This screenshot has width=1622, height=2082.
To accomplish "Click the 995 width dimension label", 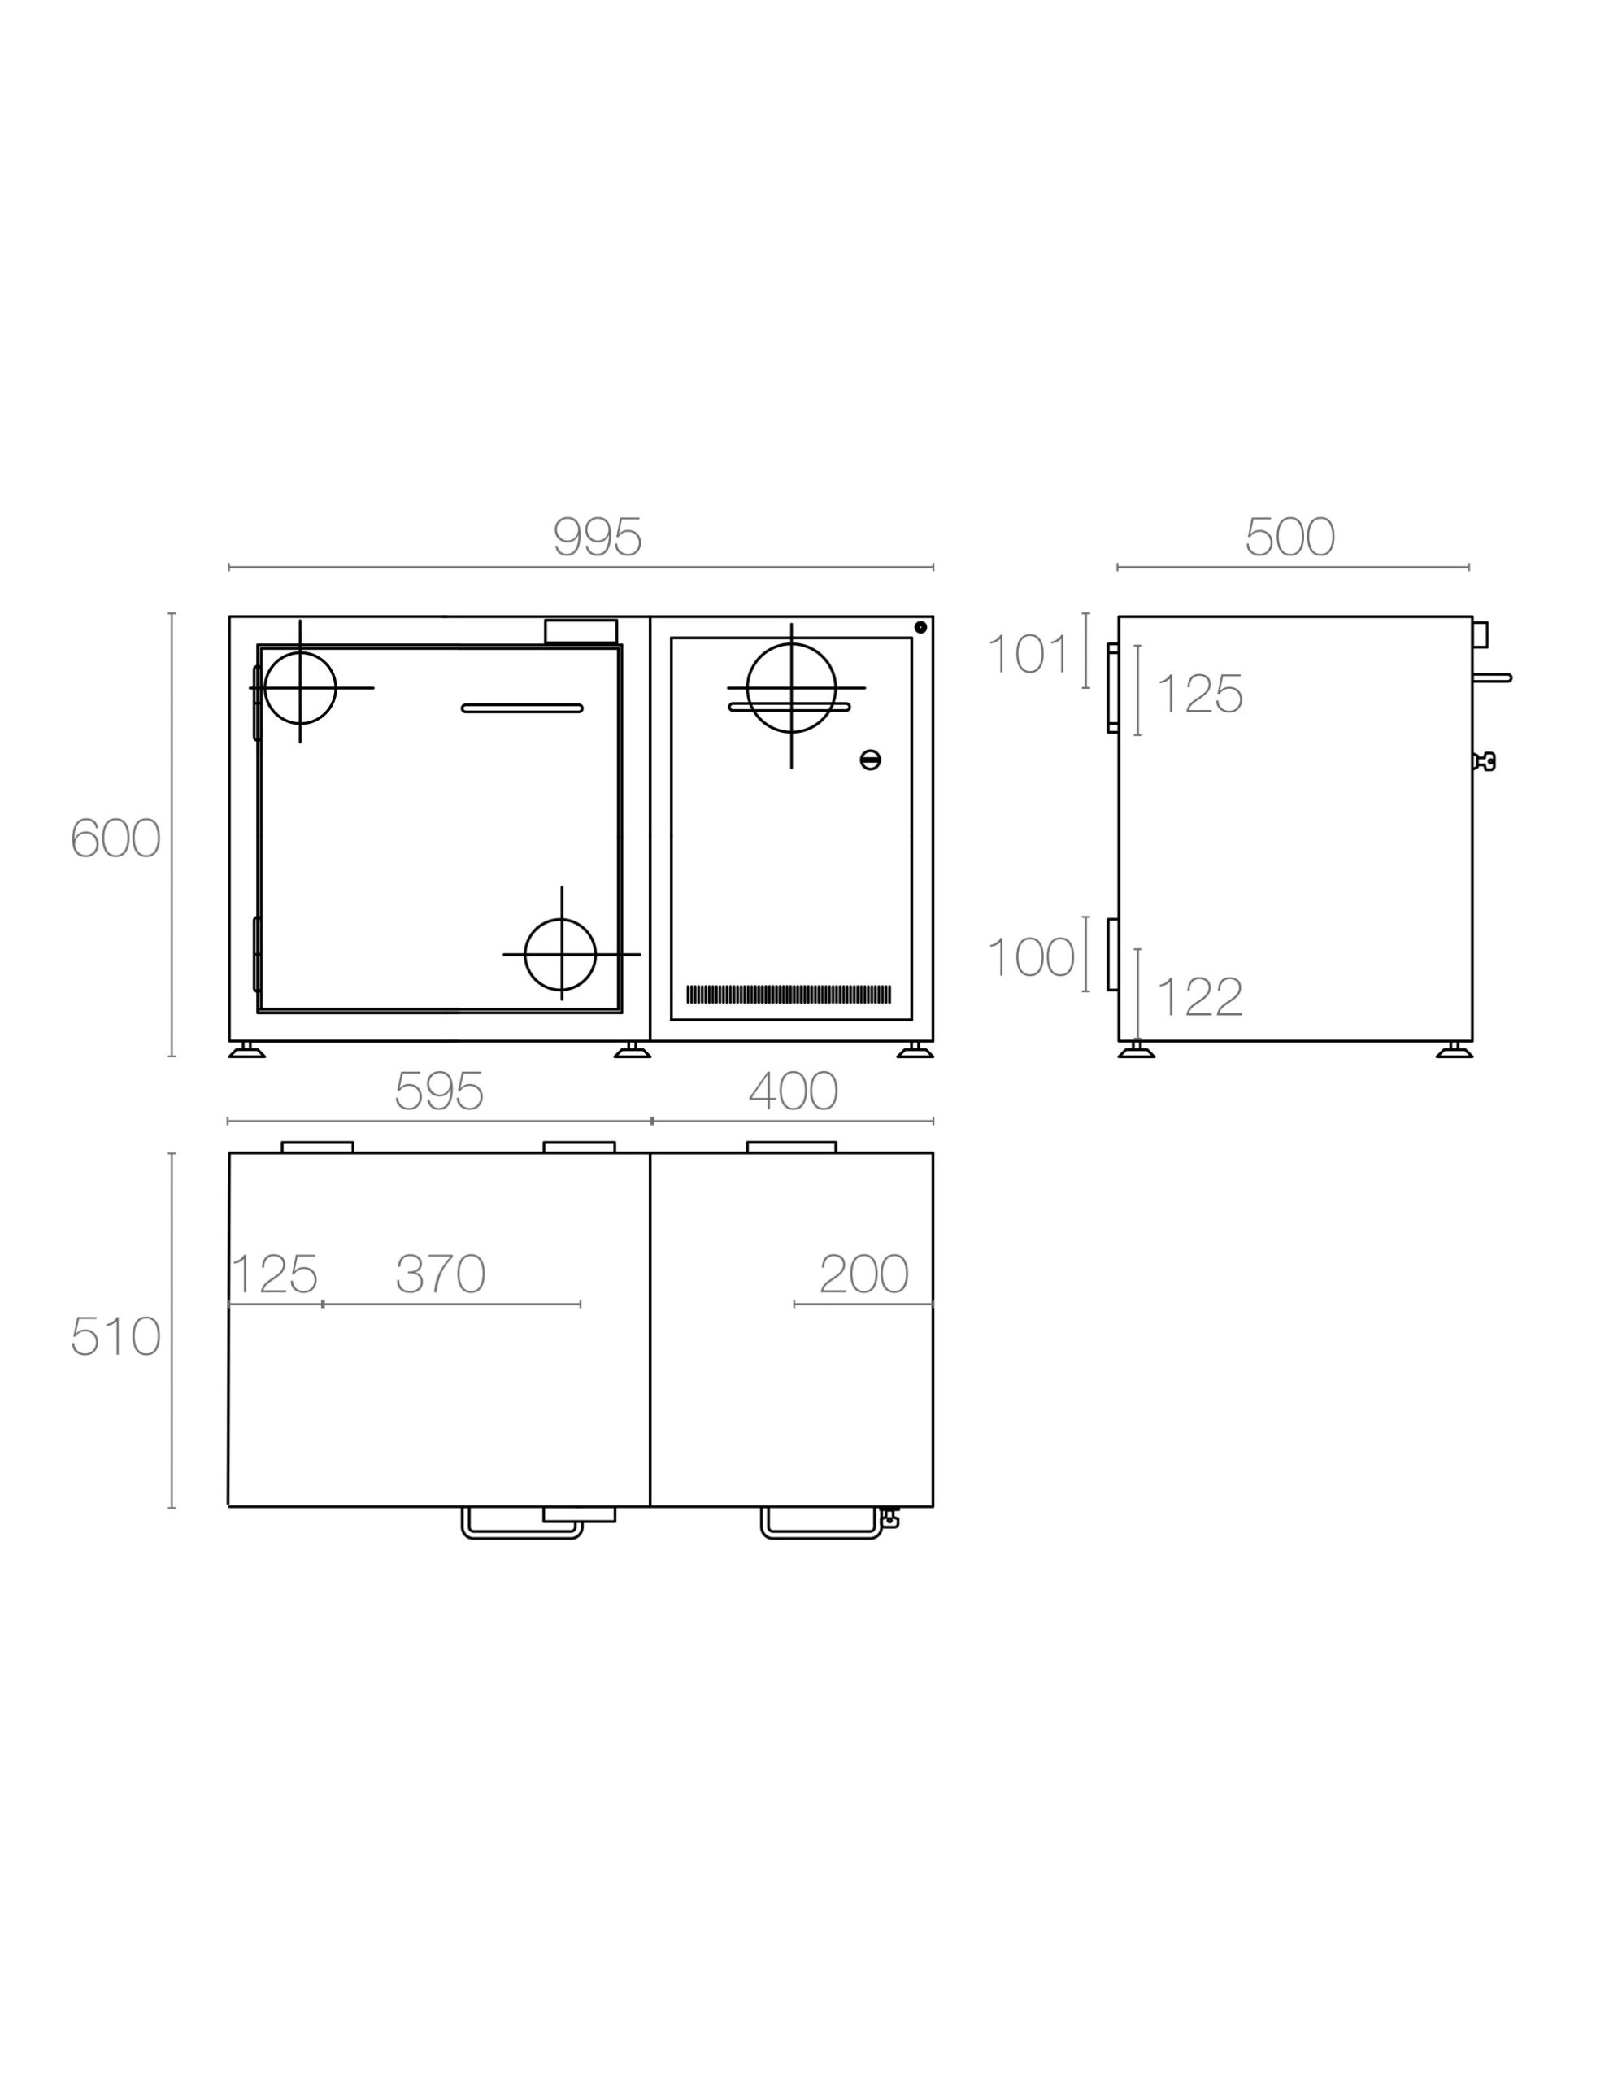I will point(598,538).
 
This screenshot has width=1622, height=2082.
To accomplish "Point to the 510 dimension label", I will point(115,1336).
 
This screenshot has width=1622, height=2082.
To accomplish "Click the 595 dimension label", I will point(439,1091).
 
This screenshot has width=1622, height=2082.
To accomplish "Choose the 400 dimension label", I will point(793,1091).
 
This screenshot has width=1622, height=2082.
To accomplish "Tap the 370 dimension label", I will point(441,1274).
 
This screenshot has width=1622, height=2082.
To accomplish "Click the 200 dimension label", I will point(863,1274).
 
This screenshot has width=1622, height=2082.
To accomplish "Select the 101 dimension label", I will point(1029,655).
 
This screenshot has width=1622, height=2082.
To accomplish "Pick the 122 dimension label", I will point(1200,998).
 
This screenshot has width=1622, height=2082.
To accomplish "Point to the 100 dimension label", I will point(1031,957).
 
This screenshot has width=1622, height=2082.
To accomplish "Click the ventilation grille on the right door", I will point(789,995).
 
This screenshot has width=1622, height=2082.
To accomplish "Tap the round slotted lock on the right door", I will point(870,760).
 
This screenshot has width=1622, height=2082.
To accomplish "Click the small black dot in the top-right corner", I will point(920,627).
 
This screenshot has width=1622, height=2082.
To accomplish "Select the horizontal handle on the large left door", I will point(522,708).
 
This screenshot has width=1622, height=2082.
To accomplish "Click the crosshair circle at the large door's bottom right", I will point(560,954).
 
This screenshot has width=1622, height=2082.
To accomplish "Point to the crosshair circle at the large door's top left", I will point(300,688).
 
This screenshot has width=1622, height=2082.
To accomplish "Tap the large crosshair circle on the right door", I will point(791,688).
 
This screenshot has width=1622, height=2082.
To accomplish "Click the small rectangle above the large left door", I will point(581,631).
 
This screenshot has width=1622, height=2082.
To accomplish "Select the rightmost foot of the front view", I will point(915,1052).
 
